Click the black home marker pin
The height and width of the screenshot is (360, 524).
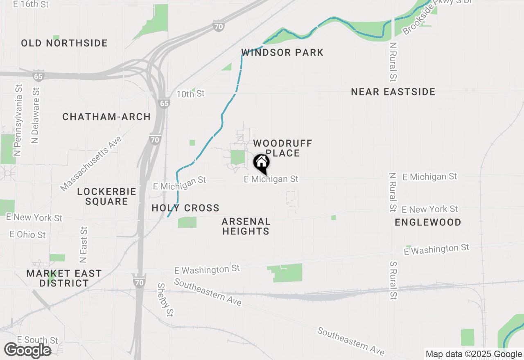262,163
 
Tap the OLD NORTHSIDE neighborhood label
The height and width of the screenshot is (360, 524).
64,43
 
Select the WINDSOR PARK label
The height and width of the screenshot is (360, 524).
282,52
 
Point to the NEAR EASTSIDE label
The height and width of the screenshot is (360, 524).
393,92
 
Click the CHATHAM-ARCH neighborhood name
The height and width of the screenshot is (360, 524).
106,117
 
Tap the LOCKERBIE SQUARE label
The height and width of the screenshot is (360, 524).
106,196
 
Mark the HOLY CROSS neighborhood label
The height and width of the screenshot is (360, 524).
185,208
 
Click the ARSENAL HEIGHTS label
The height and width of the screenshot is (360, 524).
246,226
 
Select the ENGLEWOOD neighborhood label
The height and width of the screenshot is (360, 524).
428,223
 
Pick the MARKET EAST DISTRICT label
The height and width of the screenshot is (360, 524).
64,278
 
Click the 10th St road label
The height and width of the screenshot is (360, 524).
190,94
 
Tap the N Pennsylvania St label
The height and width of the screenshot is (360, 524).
18,120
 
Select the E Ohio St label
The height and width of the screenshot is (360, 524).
28,235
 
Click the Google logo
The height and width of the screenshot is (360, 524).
27,351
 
